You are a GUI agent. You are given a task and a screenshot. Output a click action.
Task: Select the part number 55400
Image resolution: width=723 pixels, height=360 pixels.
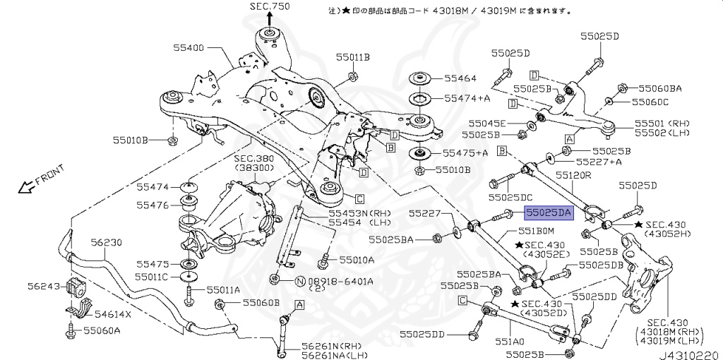point(189,48)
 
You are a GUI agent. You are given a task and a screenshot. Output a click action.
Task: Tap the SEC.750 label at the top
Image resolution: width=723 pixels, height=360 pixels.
point(269,6)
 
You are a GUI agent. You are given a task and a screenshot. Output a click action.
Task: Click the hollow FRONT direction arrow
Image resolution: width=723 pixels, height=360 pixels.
point(28,187)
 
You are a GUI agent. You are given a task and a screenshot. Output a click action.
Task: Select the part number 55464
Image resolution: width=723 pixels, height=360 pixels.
point(460,78)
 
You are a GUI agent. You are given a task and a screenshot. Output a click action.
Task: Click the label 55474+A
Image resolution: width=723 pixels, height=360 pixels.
point(467,97)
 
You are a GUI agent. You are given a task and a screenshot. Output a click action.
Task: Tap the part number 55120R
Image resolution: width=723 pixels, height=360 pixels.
point(573,174)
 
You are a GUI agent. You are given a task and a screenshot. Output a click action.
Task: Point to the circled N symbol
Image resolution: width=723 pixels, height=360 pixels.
point(299,282)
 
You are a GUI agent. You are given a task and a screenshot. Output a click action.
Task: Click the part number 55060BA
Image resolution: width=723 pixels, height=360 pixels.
point(660,88)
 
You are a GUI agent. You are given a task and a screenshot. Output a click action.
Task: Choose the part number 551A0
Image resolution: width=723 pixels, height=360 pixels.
point(510,342)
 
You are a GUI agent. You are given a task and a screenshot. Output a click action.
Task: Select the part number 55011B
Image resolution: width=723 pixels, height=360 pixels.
point(353,56)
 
